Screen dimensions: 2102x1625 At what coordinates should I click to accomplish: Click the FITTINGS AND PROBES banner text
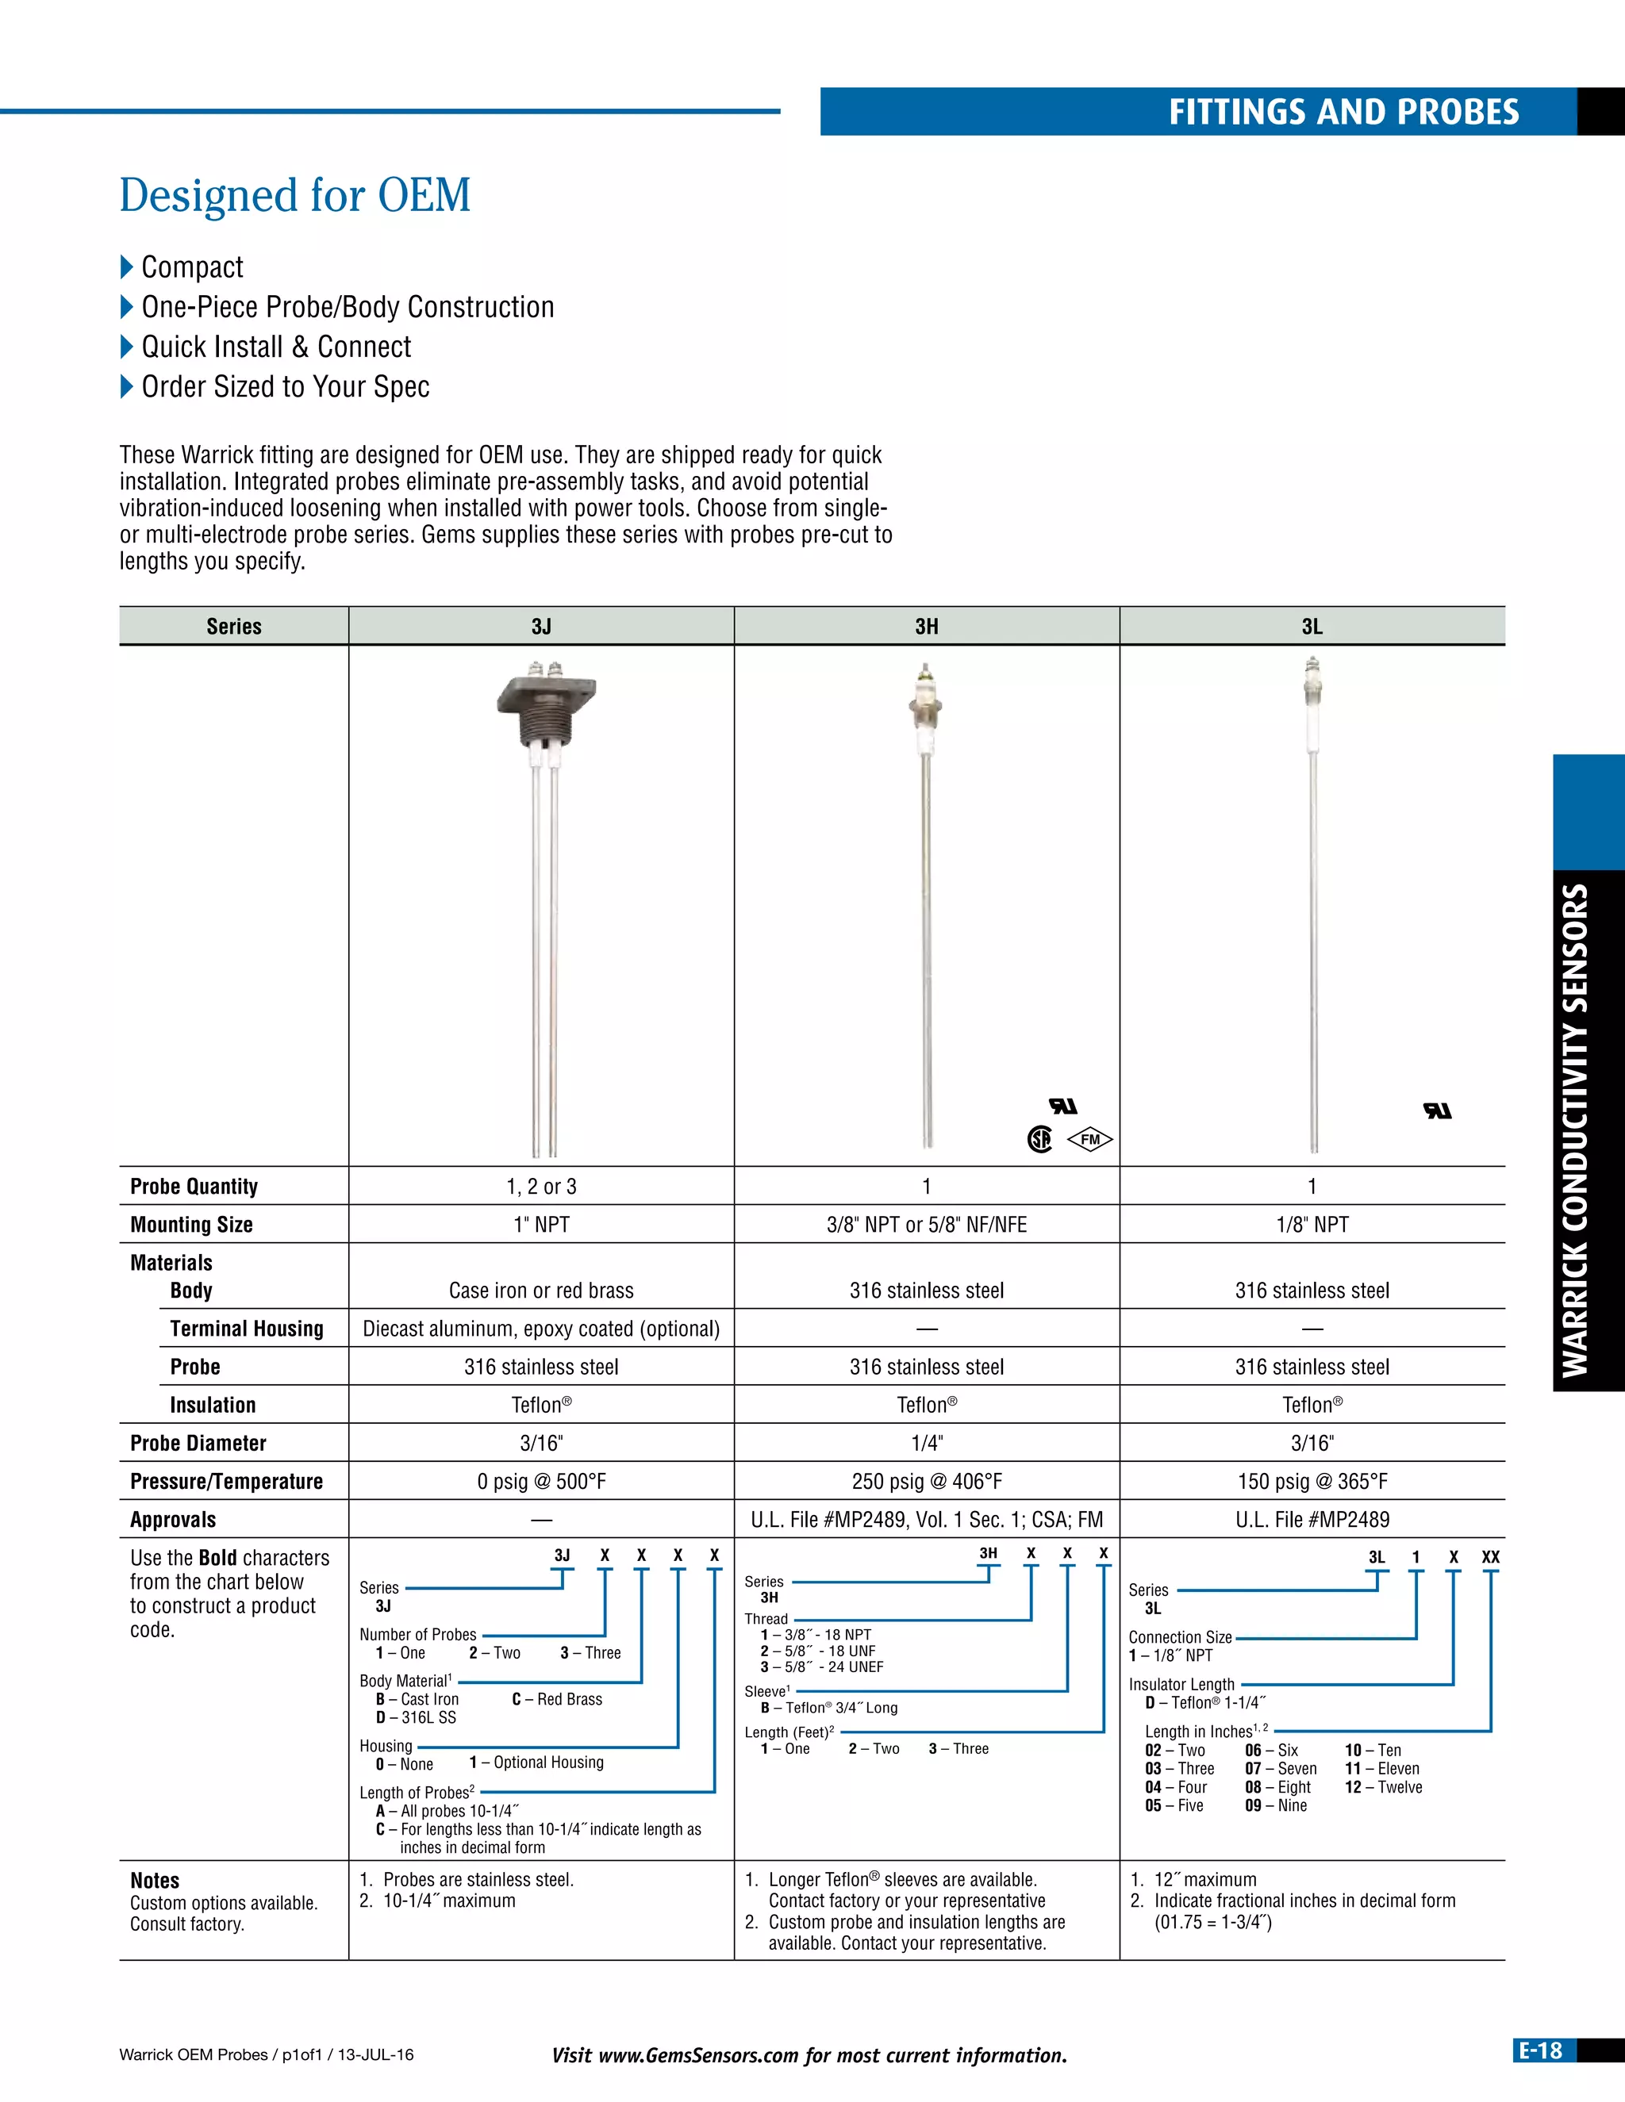(x=1343, y=113)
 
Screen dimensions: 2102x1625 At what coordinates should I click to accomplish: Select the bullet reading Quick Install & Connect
(x=275, y=347)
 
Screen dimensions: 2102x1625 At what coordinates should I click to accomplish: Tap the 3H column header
(x=926, y=627)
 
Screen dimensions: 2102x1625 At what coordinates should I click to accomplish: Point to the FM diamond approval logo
(x=1089, y=1140)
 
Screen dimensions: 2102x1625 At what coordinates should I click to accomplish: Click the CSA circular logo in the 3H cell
(x=1039, y=1140)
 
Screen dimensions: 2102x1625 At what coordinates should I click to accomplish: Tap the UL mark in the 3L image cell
(x=1437, y=1110)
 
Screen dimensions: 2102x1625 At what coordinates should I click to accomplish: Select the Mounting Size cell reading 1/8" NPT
(x=1312, y=1224)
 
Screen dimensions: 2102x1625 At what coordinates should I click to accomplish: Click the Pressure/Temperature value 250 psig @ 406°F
(x=926, y=1481)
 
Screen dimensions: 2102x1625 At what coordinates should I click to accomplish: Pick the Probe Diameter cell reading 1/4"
(x=926, y=1443)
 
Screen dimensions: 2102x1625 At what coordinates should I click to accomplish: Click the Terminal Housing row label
(x=247, y=1328)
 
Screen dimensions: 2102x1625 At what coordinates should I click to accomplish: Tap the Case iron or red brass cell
(x=541, y=1291)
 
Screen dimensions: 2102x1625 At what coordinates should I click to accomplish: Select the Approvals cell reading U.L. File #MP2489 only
(x=1312, y=1520)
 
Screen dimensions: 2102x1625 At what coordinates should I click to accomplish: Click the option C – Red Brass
(x=557, y=1700)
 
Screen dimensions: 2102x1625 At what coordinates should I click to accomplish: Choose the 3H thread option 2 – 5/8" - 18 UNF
(x=818, y=1651)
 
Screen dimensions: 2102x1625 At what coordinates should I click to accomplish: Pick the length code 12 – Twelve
(x=1383, y=1787)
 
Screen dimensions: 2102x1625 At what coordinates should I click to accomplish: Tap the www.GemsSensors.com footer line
(x=809, y=2055)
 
